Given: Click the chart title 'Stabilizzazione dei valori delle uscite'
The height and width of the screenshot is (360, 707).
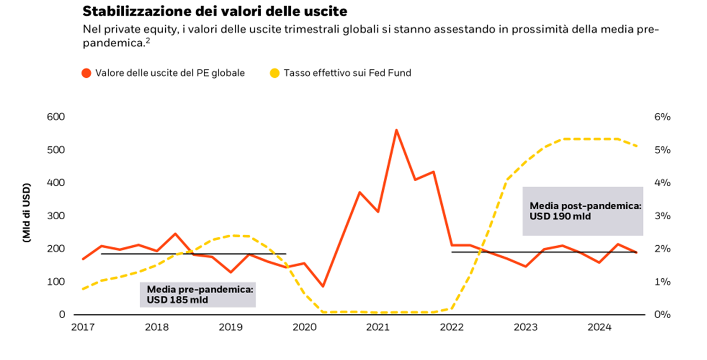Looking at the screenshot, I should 214,10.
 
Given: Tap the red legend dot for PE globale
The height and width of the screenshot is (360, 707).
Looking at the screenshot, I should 86,73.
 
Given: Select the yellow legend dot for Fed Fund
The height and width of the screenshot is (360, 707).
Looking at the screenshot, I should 275,73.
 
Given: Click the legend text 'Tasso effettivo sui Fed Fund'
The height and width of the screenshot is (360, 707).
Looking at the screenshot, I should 347,73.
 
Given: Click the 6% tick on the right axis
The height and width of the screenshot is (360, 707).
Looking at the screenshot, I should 662,117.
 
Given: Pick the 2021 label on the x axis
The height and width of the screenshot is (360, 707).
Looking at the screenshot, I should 378,327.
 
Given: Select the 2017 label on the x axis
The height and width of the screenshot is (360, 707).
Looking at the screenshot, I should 83,327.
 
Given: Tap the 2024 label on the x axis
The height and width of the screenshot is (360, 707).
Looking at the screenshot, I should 599,327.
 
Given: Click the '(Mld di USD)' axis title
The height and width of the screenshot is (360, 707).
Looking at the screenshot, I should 26,215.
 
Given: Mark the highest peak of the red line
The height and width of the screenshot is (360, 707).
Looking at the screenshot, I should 396,130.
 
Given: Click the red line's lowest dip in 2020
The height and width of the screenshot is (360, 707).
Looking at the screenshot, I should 323,286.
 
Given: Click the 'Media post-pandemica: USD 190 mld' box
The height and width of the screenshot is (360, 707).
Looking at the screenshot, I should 583,211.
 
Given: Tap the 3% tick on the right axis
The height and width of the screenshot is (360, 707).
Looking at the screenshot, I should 662,216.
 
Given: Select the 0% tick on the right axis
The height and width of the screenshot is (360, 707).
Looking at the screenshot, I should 662,315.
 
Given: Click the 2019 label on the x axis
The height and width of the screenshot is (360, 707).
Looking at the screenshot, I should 230,327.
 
